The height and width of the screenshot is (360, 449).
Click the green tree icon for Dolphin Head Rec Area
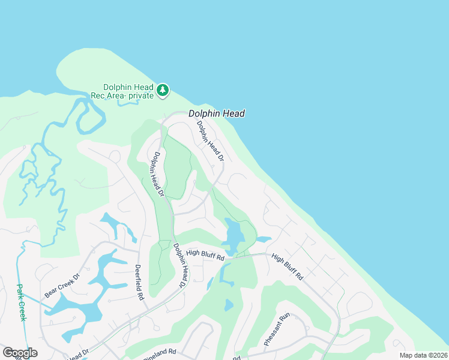click(162, 91)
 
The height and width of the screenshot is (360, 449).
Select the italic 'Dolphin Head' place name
click(217, 113)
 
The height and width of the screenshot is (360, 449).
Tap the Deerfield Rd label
click(139, 282)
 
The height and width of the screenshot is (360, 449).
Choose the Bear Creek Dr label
click(62, 286)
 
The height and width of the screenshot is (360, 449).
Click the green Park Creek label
click(21, 302)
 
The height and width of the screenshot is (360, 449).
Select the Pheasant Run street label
click(277, 329)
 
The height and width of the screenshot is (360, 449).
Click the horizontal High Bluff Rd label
click(205, 255)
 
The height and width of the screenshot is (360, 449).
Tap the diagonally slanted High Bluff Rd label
click(287, 267)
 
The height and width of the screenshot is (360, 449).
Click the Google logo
click(20, 353)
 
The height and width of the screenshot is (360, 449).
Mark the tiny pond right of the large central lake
click(264, 239)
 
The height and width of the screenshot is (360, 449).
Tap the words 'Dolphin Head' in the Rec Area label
click(128, 87)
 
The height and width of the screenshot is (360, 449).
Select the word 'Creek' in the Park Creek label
click(22, 311)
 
